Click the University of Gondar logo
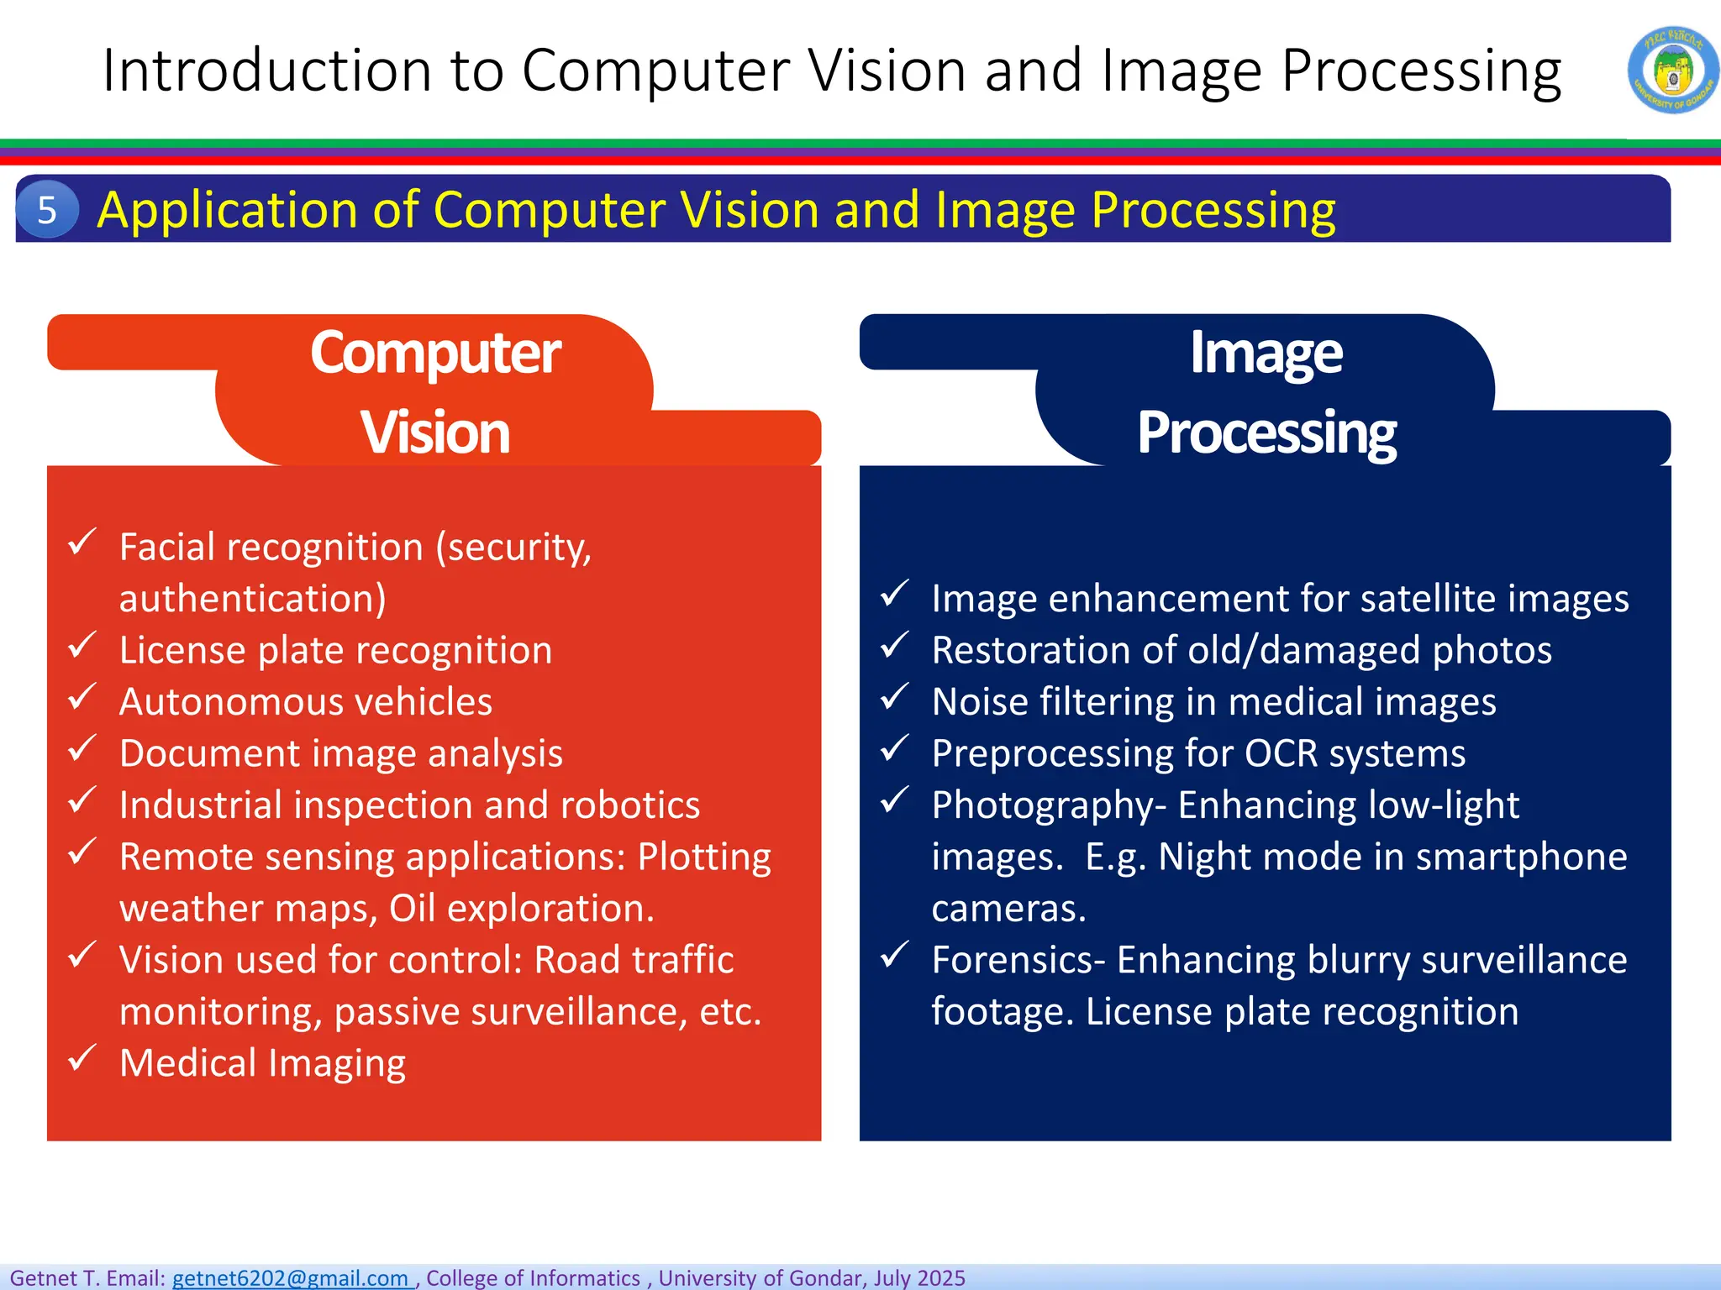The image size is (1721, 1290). click(1672, 70)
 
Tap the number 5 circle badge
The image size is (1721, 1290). click(47, 209)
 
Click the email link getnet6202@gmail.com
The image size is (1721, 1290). click(291, 1277)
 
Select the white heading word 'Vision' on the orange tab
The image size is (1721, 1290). click(435, 433)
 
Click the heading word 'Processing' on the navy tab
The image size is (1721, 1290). click(1266, 433)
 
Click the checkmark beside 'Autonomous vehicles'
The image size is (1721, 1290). click(82, 697)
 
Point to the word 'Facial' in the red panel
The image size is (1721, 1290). click(167, 548)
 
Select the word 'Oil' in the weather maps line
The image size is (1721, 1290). click(412, 909)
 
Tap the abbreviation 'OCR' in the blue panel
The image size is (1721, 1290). click(1281, 753)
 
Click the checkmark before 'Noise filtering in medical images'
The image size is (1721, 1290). click(895, 697)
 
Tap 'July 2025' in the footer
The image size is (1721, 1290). click(919, 1277)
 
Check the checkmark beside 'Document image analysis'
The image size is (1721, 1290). click(82, 748)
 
